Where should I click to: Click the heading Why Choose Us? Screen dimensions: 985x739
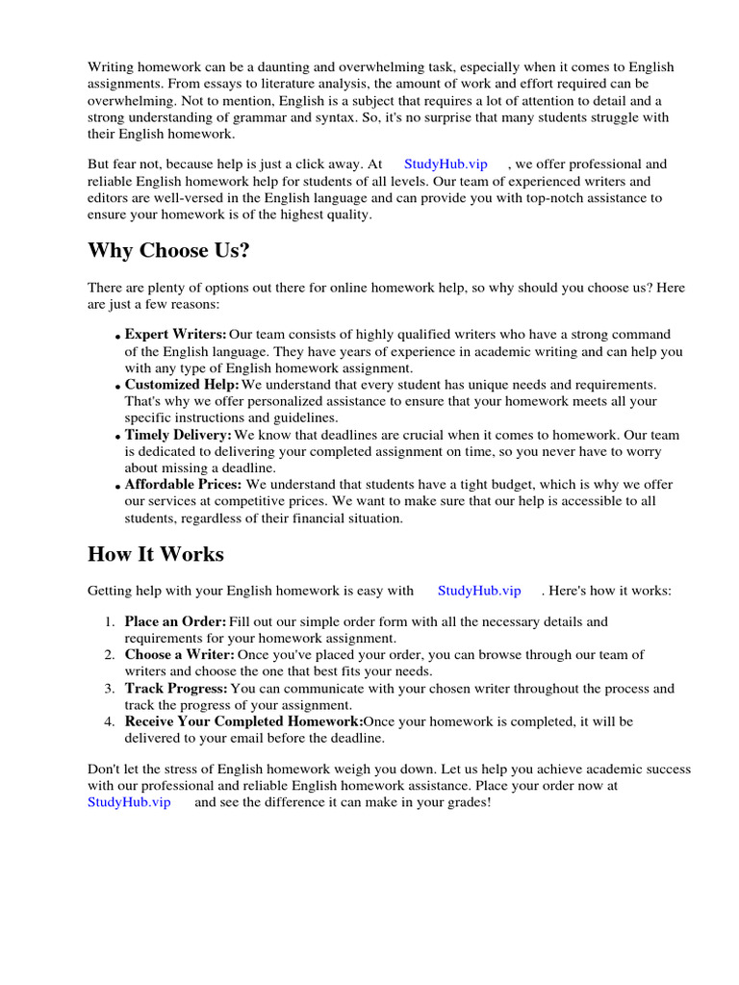[168, 251]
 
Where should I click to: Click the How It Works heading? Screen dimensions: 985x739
[155, 554]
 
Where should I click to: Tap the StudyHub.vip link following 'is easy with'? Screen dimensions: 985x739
[479, 591]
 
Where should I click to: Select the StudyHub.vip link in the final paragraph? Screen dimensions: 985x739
[129, 801]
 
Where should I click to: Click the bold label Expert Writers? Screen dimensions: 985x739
[175, 335]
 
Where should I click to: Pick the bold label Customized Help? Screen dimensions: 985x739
[181, 385]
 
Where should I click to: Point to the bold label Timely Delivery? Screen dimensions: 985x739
[178, 435]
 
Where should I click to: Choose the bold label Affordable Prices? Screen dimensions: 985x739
[183, 485]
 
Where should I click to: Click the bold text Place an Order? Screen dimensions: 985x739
[175, 622]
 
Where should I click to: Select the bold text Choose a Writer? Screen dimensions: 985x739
[179, 655]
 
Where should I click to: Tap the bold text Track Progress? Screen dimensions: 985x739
[176, 689]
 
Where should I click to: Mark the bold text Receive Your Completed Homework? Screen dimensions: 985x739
[243, 721]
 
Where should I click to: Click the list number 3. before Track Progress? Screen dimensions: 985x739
[109, 689]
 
